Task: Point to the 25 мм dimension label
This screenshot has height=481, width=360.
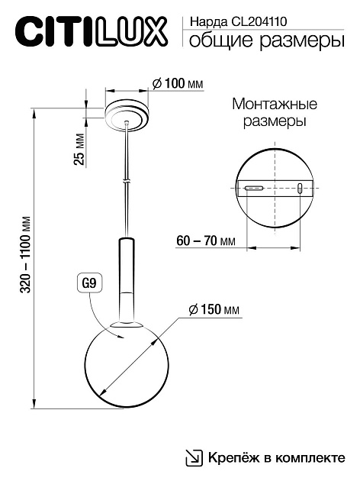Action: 80,150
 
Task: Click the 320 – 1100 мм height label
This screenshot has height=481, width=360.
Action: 27,260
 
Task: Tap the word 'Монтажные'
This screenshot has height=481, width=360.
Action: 274,104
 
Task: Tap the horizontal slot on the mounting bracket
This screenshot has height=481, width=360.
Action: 254,188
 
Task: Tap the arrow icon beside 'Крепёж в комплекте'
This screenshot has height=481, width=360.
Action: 194,458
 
